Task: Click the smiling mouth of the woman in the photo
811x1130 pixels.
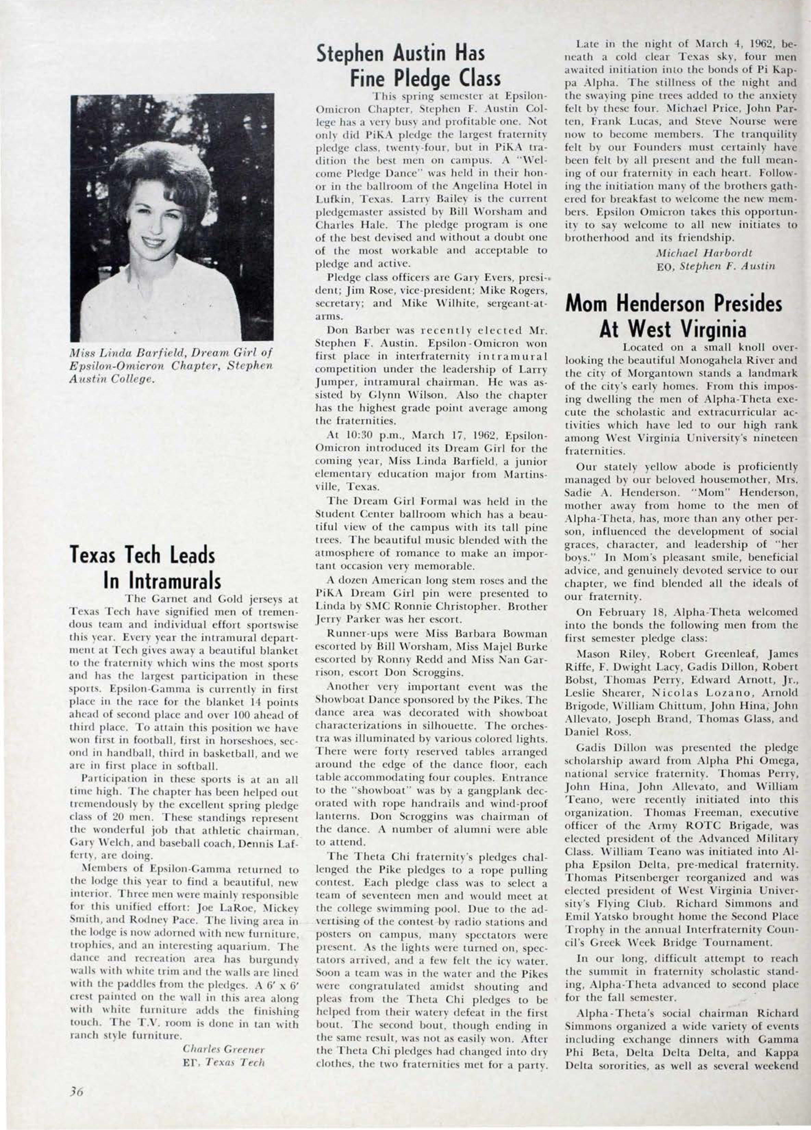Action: click(x=156, y=243)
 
